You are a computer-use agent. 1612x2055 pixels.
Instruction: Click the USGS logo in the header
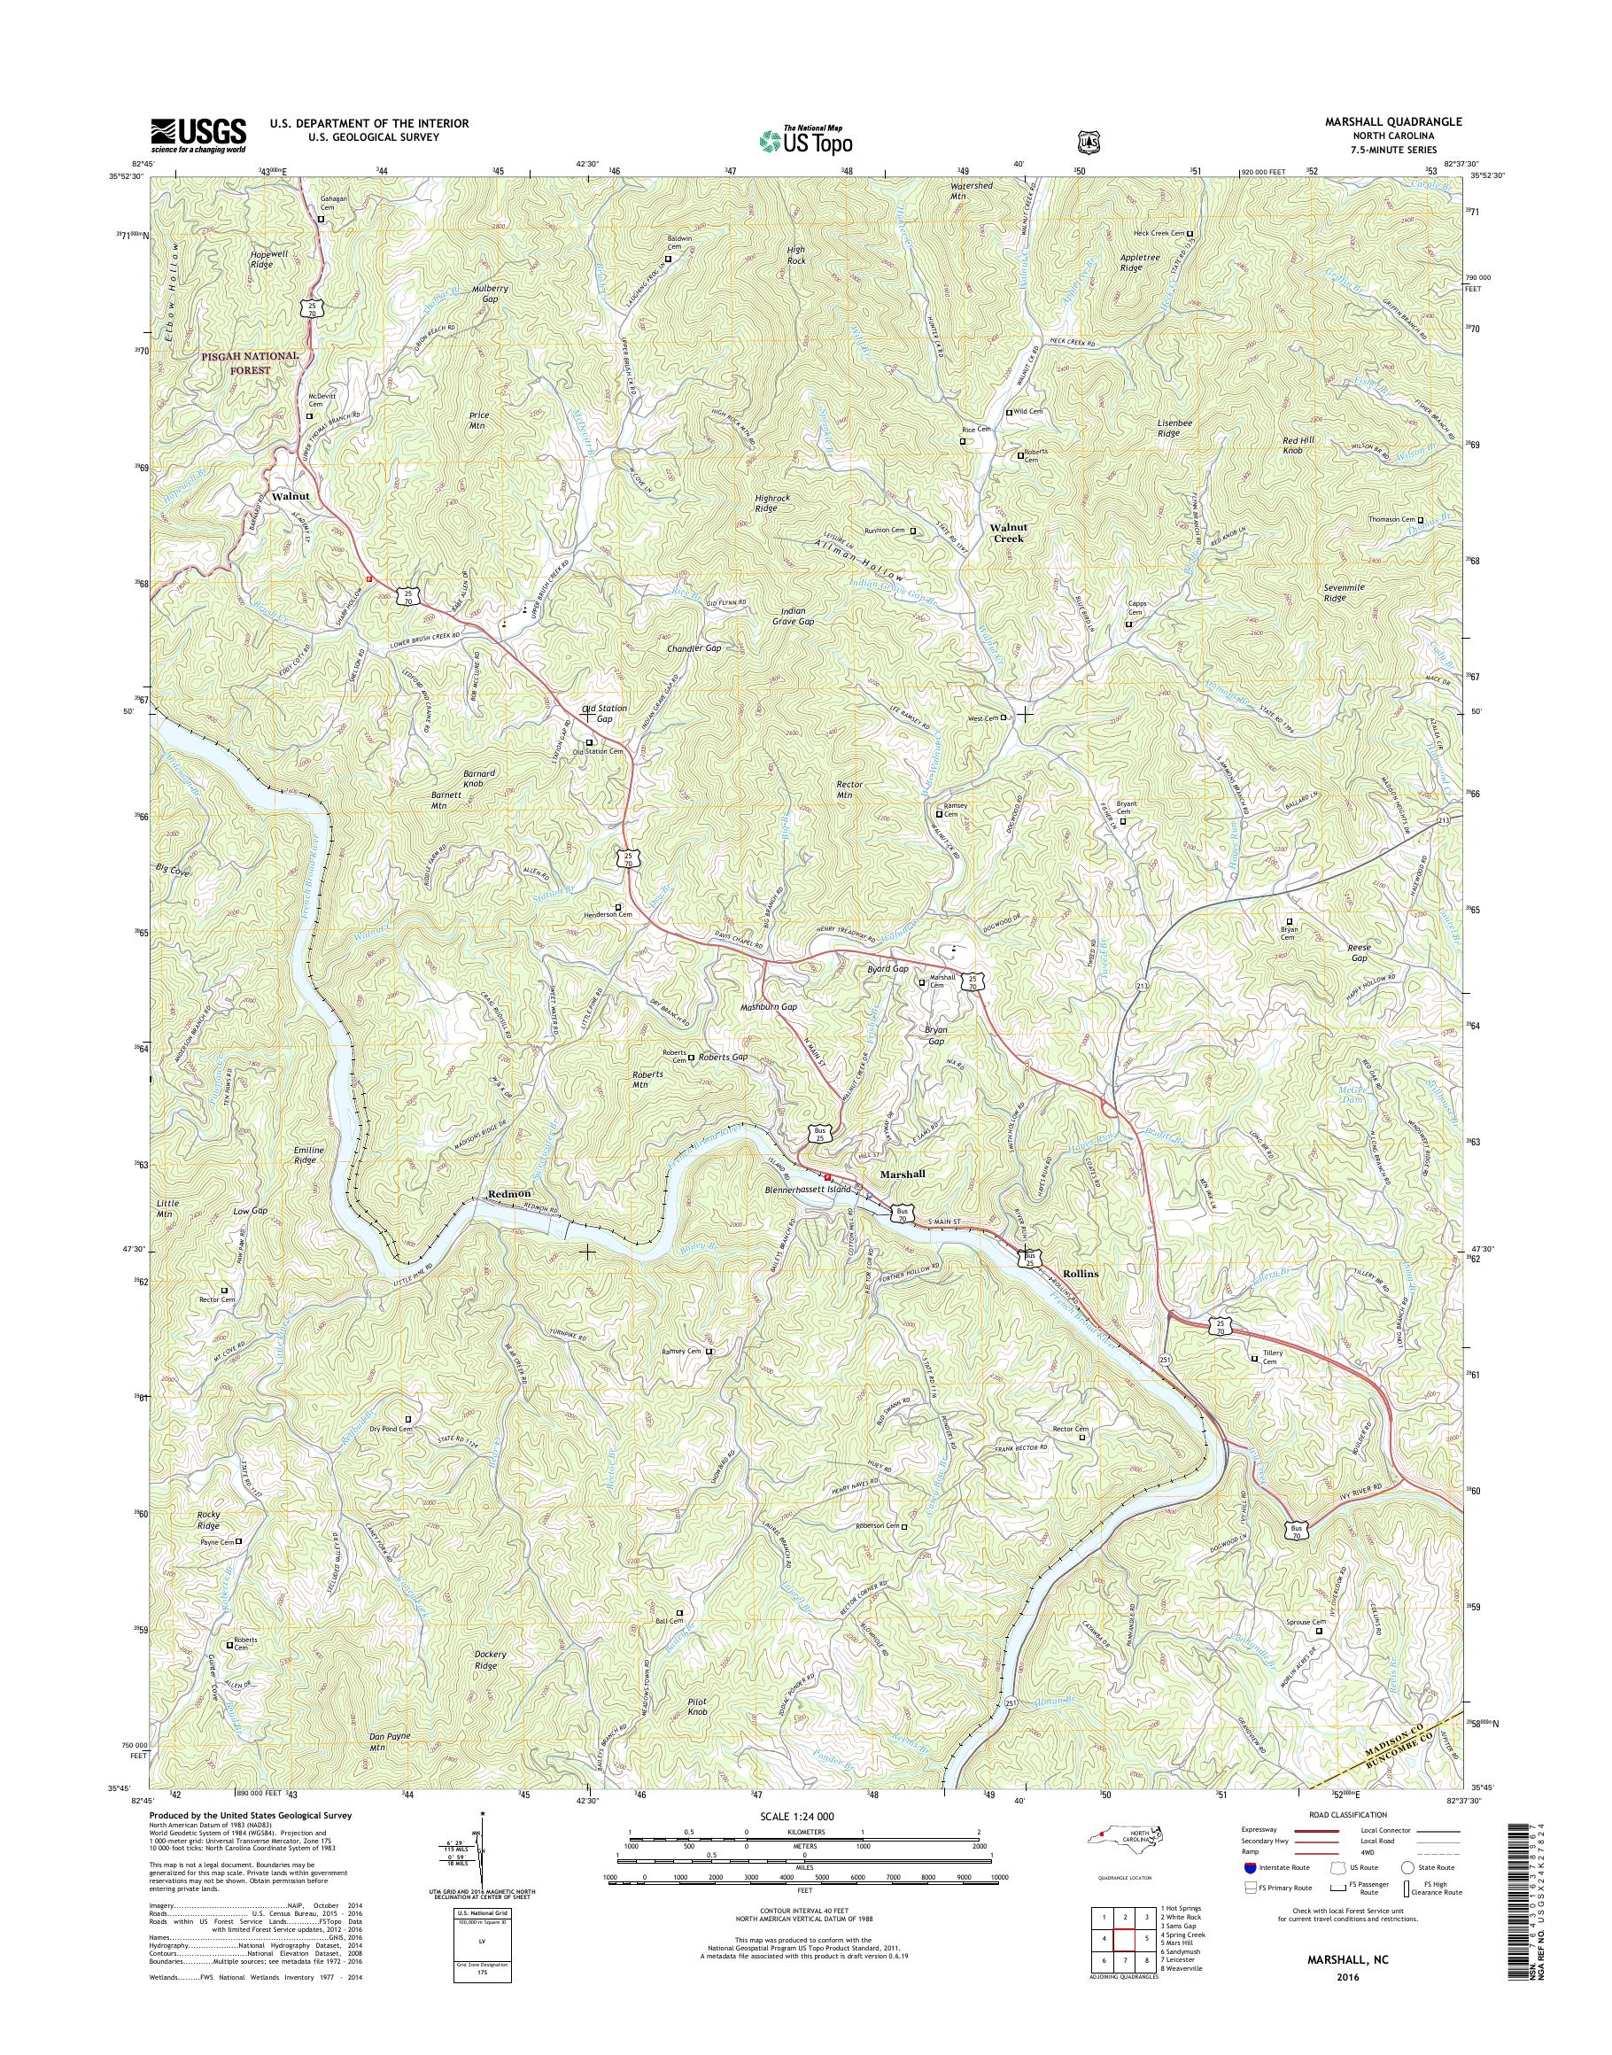coord(198,135)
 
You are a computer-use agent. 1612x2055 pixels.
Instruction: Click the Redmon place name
coord(509,1194)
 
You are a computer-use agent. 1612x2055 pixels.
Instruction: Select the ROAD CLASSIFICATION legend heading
coord(1348,1814)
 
